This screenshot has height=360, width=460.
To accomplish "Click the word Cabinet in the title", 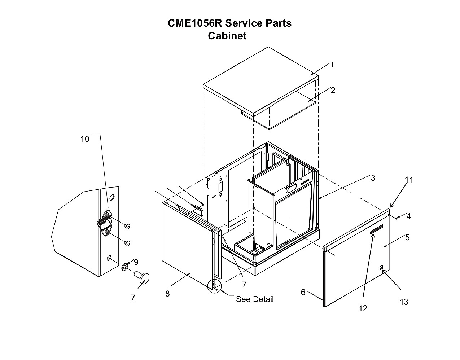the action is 227,36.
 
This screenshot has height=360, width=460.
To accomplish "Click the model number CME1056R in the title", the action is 195,23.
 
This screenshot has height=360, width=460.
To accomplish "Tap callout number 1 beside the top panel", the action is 332,65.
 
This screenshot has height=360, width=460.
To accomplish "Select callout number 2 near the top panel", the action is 333,91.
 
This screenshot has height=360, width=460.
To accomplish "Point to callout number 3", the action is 373,178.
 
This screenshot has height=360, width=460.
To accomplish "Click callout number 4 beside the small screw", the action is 408,216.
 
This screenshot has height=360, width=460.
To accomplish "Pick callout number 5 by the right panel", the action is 407,237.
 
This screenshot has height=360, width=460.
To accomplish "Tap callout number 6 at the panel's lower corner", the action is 303,292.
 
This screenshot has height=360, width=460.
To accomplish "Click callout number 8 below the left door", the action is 167,294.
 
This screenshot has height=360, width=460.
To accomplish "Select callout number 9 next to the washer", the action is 136,262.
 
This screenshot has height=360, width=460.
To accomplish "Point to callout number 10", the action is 85,139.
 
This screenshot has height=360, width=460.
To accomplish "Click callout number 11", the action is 409,180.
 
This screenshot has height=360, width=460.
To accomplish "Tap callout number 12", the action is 363,308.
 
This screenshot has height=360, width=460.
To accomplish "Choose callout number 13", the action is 404,302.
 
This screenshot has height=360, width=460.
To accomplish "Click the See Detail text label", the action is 255,299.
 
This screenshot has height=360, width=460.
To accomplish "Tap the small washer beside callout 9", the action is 124,267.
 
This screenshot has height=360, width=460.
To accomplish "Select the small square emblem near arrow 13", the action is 381,268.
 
